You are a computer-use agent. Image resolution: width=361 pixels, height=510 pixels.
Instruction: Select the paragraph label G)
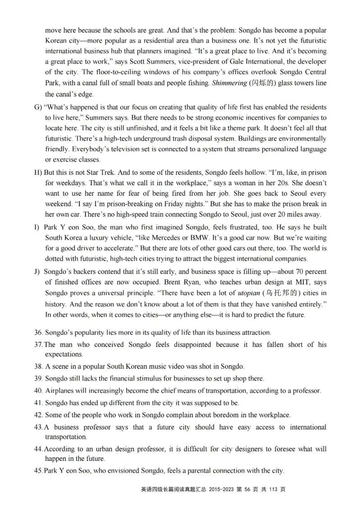[37, 107]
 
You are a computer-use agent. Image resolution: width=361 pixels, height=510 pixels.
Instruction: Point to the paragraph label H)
[37, 173]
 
